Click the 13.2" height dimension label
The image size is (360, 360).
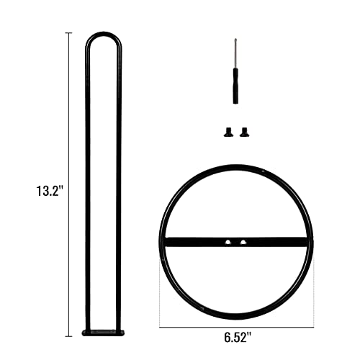tap(50, 192)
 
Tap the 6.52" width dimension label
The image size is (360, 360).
tap(238, 338)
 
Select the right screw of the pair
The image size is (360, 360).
tap(244, 132)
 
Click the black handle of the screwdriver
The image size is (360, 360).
tap(235, 86)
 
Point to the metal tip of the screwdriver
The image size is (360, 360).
tap(235, 53)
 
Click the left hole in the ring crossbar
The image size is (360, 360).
tap(228, 243)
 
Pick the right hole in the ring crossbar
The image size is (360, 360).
tap(243, 243)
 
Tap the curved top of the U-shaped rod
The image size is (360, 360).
tap(104, 33)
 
